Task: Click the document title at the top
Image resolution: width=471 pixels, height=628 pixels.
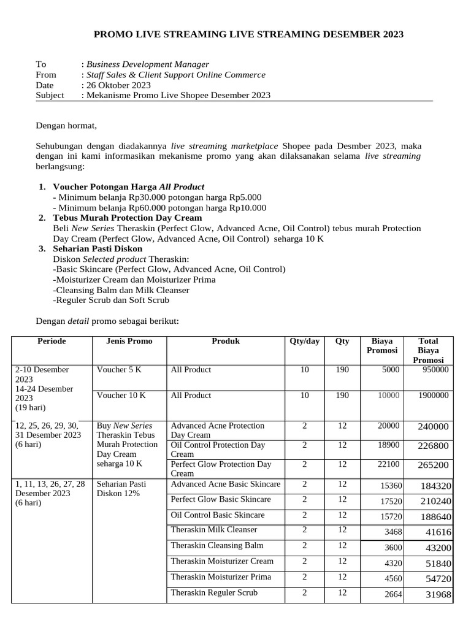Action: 248,34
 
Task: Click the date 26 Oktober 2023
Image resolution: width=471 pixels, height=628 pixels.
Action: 118,85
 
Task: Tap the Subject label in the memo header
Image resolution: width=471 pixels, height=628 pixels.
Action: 50,96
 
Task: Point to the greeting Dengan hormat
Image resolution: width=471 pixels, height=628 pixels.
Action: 66,126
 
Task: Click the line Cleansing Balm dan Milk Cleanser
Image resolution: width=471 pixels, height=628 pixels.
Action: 121,290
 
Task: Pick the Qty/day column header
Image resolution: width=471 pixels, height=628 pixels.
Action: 304,342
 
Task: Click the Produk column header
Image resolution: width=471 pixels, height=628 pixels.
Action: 226,342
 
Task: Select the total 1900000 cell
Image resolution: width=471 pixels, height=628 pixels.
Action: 433,396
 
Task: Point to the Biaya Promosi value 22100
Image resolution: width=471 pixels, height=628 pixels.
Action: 388,465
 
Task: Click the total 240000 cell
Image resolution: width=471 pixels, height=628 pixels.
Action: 433,427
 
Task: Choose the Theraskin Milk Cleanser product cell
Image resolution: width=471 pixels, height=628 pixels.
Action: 214,530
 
